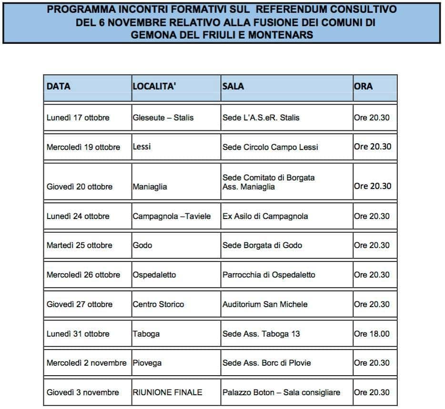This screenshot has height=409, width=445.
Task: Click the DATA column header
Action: tap(59, 87)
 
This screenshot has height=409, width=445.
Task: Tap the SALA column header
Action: tap(233, 87)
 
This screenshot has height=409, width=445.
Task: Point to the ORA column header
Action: tap(364, 87)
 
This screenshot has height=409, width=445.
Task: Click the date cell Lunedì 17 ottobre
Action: tap(78, 118)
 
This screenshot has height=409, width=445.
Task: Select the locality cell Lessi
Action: tap(142, 147)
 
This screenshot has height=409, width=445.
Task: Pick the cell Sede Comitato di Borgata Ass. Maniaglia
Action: tap(268, 182)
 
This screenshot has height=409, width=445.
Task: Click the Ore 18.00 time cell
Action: tap(372, 334)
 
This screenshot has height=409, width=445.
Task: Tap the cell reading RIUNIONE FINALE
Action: tap(167, 392)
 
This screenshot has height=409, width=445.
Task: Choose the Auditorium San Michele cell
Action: tap(265, 304)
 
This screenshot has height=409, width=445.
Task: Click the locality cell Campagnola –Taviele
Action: tap(172, 216)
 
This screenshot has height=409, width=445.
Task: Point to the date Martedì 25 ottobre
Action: tap(80, 245)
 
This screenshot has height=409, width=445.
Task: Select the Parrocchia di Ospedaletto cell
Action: tap(269, 275)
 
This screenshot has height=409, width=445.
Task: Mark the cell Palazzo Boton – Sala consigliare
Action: tap(281, 392)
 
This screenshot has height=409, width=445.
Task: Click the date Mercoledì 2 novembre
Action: tap(87, 363)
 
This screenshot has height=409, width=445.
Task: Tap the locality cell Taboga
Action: tap(146, 334)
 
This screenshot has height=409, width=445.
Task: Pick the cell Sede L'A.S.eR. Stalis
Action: tap(261, 118)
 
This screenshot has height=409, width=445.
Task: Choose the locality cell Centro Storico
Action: tap(158, 304)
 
